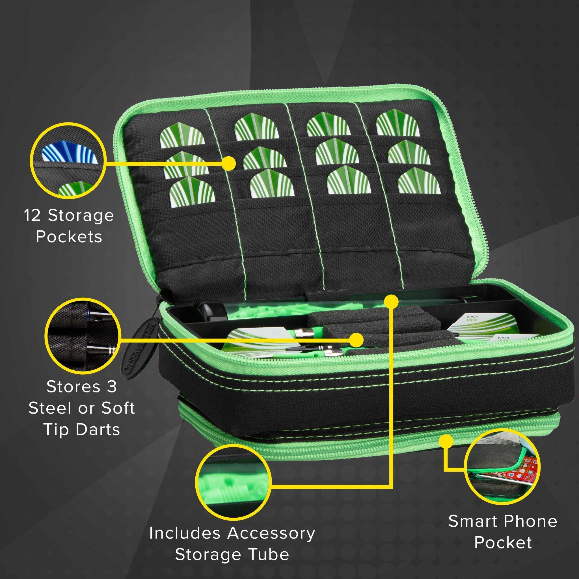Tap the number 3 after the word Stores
(x=111, y=387)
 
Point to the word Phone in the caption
(x=533, y=522)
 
